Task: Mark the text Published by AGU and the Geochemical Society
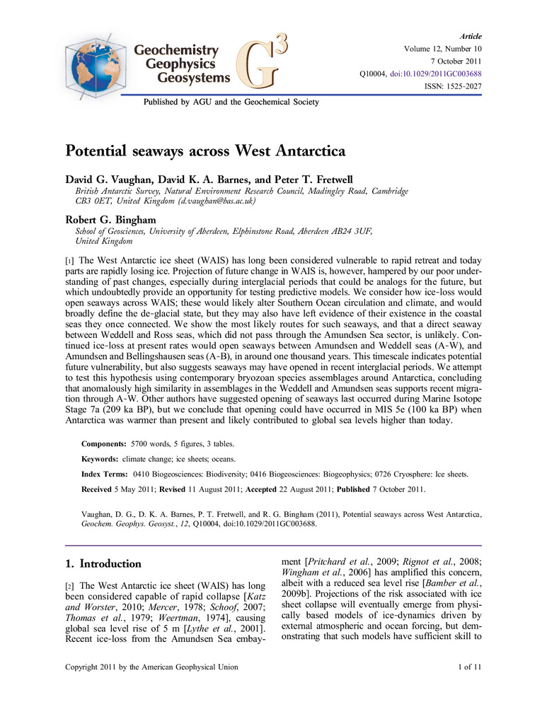click(231, 102)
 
